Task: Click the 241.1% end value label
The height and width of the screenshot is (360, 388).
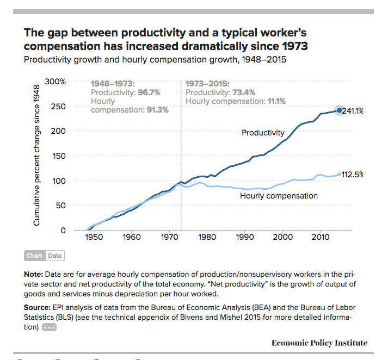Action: tap(352, 111)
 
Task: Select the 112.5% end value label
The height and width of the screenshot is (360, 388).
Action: tap(352, 175)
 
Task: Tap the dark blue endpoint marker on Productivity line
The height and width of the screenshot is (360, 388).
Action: tap(340, 110)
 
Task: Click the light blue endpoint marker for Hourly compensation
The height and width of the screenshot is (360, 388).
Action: tap(340, 174)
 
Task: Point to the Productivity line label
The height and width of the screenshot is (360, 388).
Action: tap(263, 133)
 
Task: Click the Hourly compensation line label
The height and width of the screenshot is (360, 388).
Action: tap(279, 196)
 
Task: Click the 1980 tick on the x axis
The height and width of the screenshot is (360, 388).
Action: tap(206, 238)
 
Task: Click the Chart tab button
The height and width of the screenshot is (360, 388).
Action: tap(35, 256)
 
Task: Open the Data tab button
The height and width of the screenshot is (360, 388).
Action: tap(55, 256)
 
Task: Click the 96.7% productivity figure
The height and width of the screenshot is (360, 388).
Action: tap(142, 92)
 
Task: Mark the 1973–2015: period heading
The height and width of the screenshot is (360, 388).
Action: tap(208, 84)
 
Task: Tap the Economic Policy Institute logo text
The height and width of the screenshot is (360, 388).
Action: tap(319, 343)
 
